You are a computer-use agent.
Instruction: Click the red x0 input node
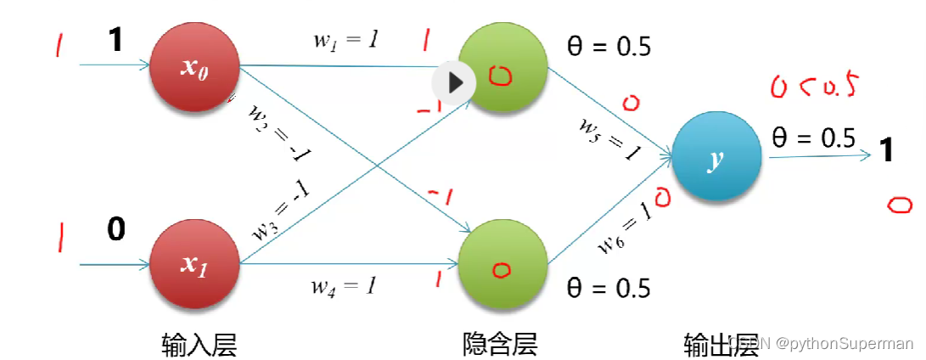pyautogui.click(x=194, y=68)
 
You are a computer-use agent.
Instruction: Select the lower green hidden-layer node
pyautogui.click(x=503, y=265)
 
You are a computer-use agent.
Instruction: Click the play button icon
pyautogui.click(x=454, y=82)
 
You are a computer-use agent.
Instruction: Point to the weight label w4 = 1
pyautogui.click(x=343, y=285)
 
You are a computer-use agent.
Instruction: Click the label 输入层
pyautogui.click(x=199, y=343)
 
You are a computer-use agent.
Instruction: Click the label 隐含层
pyautogui.click(x=500, y=343)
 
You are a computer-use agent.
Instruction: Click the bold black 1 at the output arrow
pyautogui.click(x=888, y=151)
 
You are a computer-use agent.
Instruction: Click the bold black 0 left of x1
pyautogui.click(x=116, y=228)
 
